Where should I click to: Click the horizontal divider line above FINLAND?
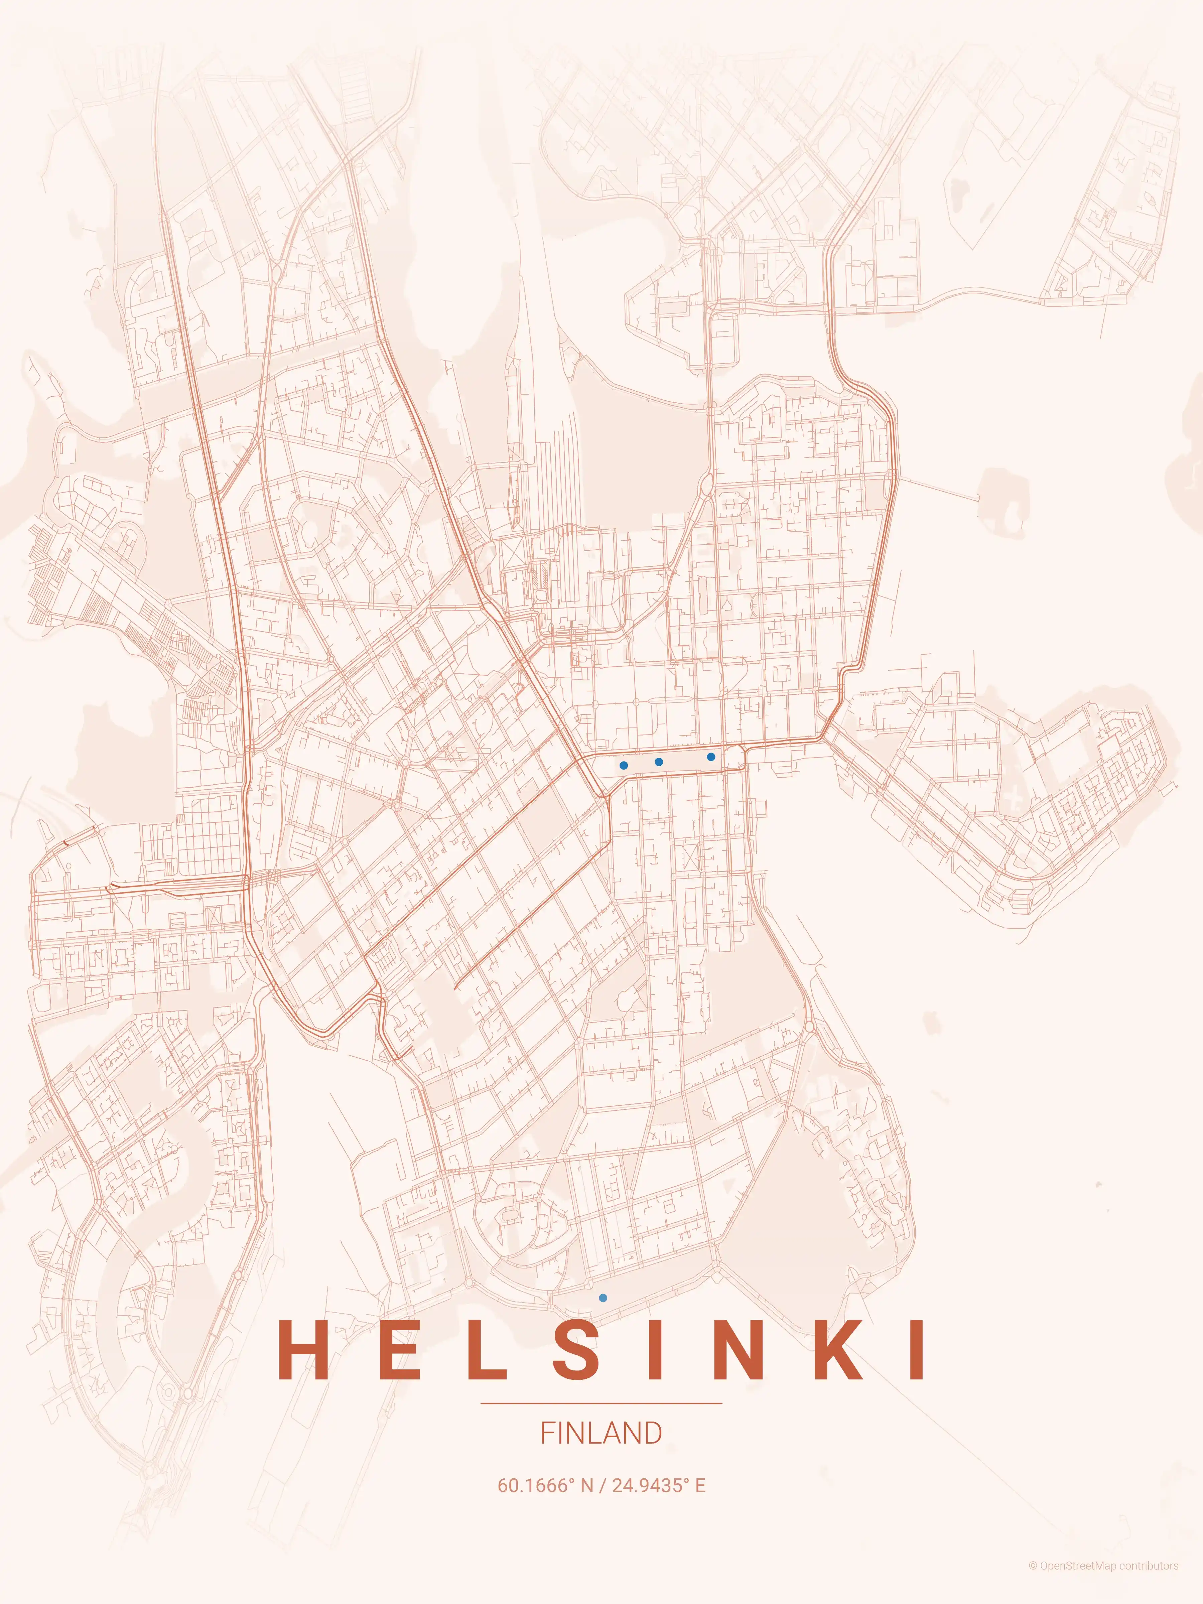pyautogui.click(x=601, y=1403)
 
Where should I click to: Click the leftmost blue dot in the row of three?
pyautogui.click(x=624, y=765)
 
